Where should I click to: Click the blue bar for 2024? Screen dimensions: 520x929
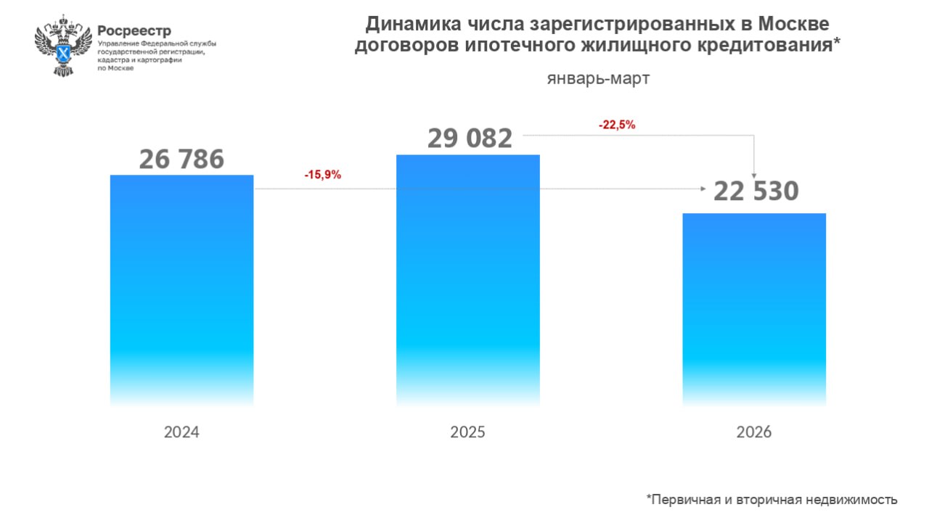pos(181,290)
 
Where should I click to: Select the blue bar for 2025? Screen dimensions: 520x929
pos(468,279)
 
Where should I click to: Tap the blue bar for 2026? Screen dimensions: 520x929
pos(754,308)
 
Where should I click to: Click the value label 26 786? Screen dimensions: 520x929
pos(181,160)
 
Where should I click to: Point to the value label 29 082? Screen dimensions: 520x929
pos(470,138)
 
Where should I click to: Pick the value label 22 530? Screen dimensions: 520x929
pos(756,191)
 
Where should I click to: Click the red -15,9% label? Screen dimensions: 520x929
pos(322,175)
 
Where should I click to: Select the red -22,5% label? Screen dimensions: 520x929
pos(617,125)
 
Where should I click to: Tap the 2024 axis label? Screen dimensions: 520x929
pos(181,432)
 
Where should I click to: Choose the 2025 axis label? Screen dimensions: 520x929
pos(468,432)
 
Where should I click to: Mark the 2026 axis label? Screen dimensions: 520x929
pos(754,432)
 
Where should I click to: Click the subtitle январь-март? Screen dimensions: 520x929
pos(598,78)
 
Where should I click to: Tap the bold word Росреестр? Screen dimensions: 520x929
pos(134,30)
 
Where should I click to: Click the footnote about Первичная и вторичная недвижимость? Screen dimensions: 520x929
pos(772,500)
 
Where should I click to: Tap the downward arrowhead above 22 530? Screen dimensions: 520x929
pos(756,175)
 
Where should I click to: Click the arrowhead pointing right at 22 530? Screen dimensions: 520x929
pos(703,189)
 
